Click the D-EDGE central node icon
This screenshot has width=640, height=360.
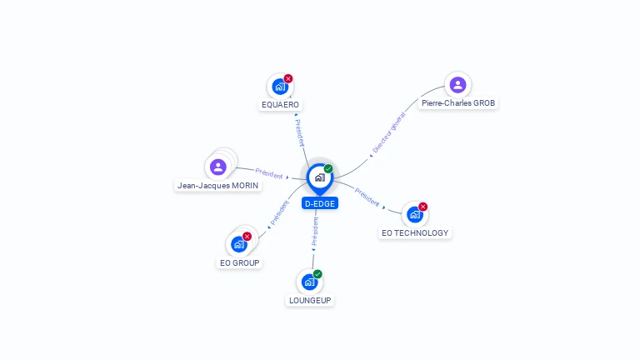coord(319,177)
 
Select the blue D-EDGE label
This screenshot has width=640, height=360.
coord(320,203)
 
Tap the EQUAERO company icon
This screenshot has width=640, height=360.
coord(280,86)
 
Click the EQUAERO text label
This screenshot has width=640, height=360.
coord(280,105)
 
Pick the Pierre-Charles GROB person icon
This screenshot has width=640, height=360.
coord(457,84)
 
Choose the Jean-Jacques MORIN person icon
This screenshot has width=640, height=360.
coord(218,167)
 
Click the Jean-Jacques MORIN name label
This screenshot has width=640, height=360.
coord(217,185)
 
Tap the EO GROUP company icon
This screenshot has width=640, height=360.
coord(238,243)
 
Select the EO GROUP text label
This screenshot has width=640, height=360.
coord(240,262)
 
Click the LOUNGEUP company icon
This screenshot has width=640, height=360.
coord(309,282)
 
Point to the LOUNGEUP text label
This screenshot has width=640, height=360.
coord(310,300)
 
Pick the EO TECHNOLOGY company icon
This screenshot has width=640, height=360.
coord(414,214)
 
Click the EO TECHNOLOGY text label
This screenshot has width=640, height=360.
coord(415,233)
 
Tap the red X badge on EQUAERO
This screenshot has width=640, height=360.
coord(288,78)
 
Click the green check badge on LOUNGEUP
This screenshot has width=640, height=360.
coord(317,274)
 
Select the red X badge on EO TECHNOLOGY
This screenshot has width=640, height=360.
coord(422,207)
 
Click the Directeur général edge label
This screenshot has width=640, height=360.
coord(388,133)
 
